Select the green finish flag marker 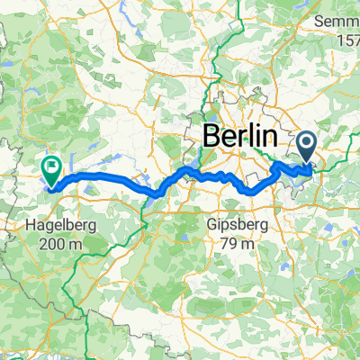[x=50, y=167]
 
